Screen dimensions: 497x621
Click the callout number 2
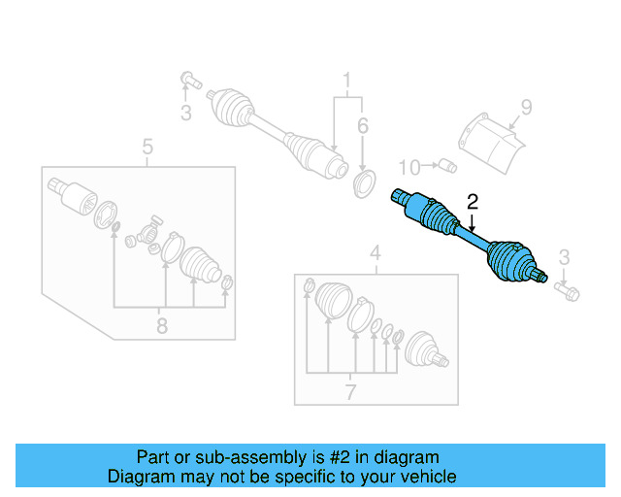(473, 203)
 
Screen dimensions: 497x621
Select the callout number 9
(527, 108)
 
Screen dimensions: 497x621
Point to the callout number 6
(362, 126)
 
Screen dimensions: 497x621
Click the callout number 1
(343, 79)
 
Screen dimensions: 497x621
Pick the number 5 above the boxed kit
(147, 148)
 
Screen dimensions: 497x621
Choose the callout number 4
(376, 255)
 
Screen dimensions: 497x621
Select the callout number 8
(161, 326)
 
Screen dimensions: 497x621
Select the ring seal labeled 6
(363, 182)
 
